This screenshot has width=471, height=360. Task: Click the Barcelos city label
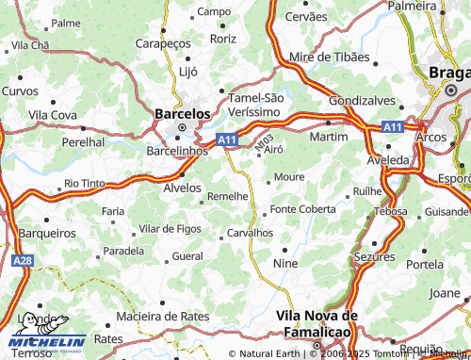coord(181,112)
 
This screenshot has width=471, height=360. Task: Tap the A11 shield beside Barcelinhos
coord(226,139)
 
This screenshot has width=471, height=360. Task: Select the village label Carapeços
coord(163,44)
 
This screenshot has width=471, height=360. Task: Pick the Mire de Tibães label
coord(330,57)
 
